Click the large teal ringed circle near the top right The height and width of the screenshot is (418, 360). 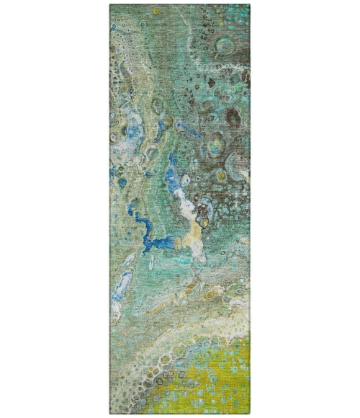click(x=225, y=47)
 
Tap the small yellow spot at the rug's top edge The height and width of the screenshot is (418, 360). click(x=156, y=12)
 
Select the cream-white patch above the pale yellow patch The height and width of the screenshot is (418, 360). click(x=187, y=208)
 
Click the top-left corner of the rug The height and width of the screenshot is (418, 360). click(x=110, y=5)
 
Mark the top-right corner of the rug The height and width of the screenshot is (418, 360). click(x=250, y=5)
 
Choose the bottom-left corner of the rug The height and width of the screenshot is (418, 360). click(x=110, y=413)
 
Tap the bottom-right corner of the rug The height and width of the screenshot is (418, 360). click(x=250, y=413)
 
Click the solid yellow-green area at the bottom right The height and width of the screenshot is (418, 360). click(x=230, y=375)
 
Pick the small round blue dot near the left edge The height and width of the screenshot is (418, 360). click(x=112, y=171)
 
